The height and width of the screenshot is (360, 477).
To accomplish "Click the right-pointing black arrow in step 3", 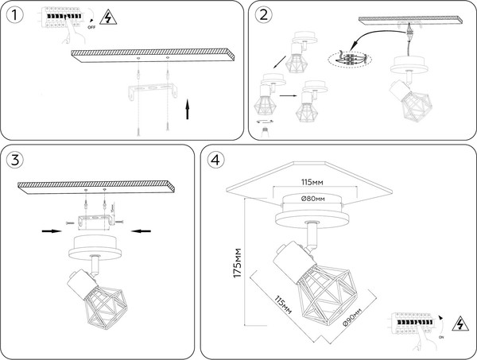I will click(52, 231).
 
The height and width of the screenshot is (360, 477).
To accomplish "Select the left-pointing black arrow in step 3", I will click(140, 231).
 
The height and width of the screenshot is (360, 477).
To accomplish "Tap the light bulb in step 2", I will click(260, 130).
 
